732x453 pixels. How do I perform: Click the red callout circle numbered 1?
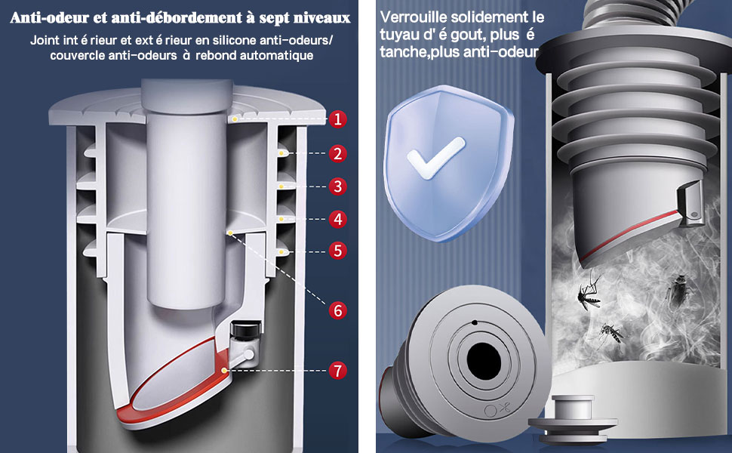tap(337, 119)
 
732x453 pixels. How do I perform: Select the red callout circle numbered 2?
tap(337, 153)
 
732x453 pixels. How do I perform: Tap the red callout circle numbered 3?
tap(337, 186)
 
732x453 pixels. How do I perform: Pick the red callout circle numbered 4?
tap(337, 218)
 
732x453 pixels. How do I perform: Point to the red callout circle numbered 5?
tap(337, 251)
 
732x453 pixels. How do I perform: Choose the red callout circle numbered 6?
tap(337, 310)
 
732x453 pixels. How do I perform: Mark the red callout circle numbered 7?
tap(337, 371)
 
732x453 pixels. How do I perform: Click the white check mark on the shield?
tap(435, 158)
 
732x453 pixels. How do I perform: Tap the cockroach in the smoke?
tap(678, 291)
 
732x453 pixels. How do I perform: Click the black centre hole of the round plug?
tap(484, 361)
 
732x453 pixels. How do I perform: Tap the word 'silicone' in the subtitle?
tap(236, 40)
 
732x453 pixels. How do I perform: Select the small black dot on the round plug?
tap(475, 322)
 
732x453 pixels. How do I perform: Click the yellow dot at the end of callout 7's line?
tap(225, 371)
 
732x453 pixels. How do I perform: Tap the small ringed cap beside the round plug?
tap(574, 419)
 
